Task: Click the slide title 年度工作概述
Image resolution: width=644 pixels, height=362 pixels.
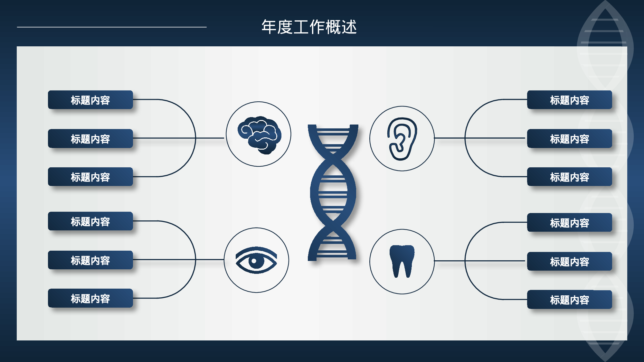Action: click(x=309, y=27)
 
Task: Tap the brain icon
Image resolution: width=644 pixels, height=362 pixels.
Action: click(x=259, y=135)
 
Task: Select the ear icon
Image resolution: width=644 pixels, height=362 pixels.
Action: click(x=402, y=138)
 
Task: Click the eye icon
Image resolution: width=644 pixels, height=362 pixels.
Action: click(x=256, y=260)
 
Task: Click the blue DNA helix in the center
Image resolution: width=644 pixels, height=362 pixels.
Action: click(x=333, y=192)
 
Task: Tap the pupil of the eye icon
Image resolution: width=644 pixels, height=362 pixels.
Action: click(x=254, y=261)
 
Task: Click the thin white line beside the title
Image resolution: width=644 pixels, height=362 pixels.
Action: click(x=112, y=27)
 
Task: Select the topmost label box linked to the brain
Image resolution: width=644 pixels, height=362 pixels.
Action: click(x=90, y=100)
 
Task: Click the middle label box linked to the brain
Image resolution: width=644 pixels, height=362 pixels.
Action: click(x=90, y=139)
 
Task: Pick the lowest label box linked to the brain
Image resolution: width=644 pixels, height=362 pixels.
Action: click(x=90, y=177)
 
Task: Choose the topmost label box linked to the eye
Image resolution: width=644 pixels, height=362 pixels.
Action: click(x=90, y=221)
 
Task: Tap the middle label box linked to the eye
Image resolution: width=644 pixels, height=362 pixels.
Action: click(x=90, y=260)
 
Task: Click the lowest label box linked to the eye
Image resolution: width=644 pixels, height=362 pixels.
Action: click(x=90, y=298)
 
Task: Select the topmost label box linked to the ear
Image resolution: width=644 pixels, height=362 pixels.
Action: click(x=569, y=100)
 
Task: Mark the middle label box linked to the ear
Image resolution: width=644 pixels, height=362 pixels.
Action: click(x=569, y=139)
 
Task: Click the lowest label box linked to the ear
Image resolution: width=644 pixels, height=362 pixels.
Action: click(x=569, y=177)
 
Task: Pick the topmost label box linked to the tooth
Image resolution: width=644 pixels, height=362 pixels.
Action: click(x=569, y=223)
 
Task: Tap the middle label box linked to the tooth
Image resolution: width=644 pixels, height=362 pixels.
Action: click(x=569, y=262)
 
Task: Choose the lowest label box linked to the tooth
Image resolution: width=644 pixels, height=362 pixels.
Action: click(x=569, y=300)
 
